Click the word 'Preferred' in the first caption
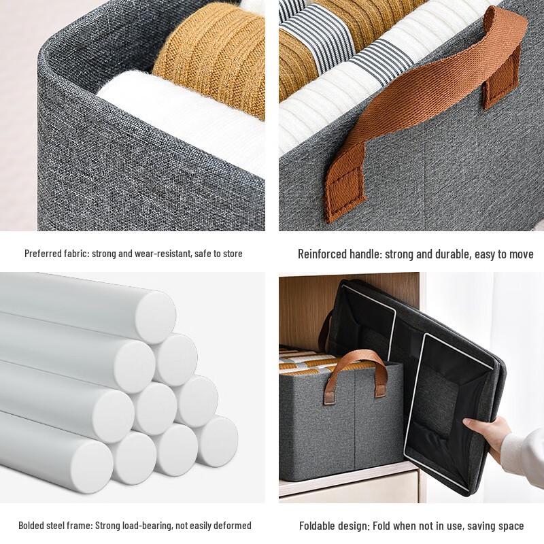pos(43,254)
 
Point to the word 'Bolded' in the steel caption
pos(33,525)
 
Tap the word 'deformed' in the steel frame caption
pos(233,525)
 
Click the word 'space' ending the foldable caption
pos(511,526)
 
